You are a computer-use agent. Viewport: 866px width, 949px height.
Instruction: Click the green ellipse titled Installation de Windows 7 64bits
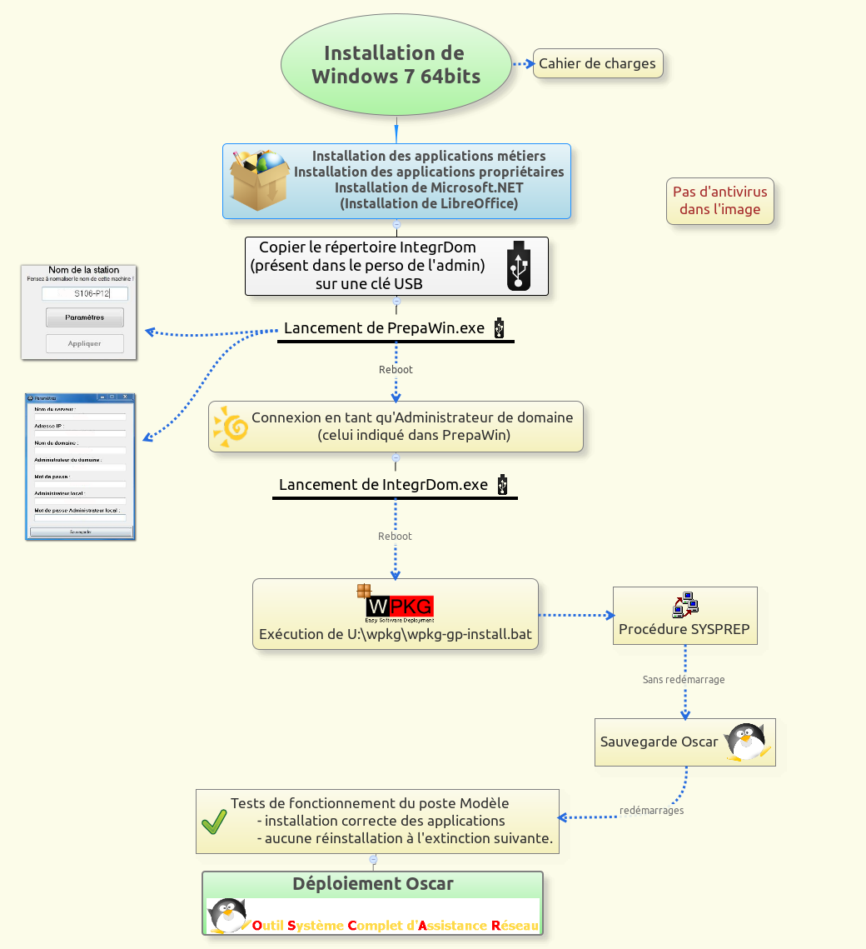click(x=396, y=65)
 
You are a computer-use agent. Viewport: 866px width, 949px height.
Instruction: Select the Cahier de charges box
click(x=597, y=63)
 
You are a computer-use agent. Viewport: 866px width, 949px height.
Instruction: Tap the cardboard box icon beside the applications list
click(x=258, y=181)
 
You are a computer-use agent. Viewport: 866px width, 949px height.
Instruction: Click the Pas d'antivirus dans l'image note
click(x=719, y=201)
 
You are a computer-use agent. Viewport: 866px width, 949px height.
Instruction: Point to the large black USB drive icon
click(x=519, y=266)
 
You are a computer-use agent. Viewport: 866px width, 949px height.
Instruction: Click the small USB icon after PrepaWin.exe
click(x=499, y=328)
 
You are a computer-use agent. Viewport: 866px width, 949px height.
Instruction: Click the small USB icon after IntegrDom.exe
click(x=502, y=485)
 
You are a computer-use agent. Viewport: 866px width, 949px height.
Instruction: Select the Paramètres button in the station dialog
click(x=84, y=317)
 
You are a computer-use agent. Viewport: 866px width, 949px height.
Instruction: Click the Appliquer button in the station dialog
click(x=84, y=343)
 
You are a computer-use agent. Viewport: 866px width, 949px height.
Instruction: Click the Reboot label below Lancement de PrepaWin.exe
click(x=396, y=369)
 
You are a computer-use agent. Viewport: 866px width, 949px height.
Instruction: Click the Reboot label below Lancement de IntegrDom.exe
click(x=395, y=536)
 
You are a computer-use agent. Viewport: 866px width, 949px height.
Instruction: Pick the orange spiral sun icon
click(x=231, y=427)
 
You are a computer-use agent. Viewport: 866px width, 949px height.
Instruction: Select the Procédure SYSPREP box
click(x=684, y=616)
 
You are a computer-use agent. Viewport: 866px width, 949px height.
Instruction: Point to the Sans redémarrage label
click(x=684, y=679)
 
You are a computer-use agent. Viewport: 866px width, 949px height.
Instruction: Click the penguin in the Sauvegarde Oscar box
click(x=746, y=741)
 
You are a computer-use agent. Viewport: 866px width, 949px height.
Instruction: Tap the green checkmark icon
click(x=215, y=822)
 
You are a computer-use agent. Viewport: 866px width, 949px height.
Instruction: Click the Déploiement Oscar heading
click(x=373, y=884)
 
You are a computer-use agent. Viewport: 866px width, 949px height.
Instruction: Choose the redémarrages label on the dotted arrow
click(x=651, y=810)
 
